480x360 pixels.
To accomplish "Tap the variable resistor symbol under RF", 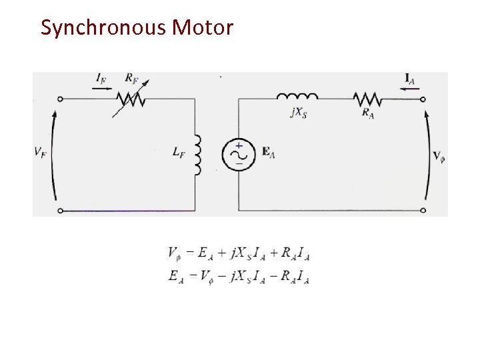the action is [x=131, y=99].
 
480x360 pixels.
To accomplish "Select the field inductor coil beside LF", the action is [x=197, y=154].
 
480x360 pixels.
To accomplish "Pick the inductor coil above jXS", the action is [x=297, y=97].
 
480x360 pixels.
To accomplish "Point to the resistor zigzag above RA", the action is [x=367, y=99].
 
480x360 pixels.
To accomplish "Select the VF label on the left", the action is [x=41, y=153].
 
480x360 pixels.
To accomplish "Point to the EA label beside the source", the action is [x=267, y=153].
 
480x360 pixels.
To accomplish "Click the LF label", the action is [x=178, y=153].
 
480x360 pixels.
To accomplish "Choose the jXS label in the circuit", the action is [x=298, y=113].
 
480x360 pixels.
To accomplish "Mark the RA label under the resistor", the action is [x=367, y=113].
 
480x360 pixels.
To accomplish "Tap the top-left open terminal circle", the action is [x=60, y=99].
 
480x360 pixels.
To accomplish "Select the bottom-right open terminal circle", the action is [x=423, y=210].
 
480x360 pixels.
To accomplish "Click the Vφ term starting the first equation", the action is [x=175, y=254].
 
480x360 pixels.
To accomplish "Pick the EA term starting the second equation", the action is [x=176, y=275].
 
